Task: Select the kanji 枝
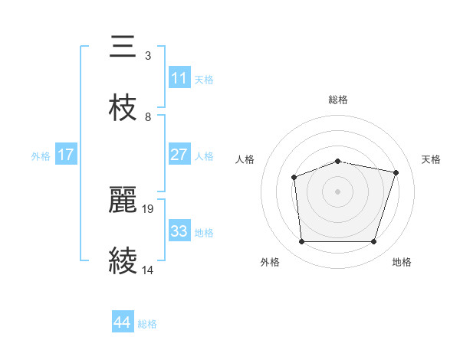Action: click(123, 109)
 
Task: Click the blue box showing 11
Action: click(179, 78)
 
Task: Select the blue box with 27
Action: click(179, 155)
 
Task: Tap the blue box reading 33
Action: click(179, 231)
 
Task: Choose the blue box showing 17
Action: click(66, 155)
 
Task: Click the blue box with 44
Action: click(123, 323)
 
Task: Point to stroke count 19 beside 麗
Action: click(149, 208)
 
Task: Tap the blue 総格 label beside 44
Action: click(147, 324)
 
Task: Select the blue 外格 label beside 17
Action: click(41, 155)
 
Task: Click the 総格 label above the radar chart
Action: click(338, 100)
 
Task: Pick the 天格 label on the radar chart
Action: click(432, 159)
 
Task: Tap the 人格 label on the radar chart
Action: click(245, 159)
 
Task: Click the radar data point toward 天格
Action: click(396, 172)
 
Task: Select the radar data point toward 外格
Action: click(301, 242)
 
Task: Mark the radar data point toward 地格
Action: click(374, 242)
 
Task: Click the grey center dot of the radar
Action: click(338, 191)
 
